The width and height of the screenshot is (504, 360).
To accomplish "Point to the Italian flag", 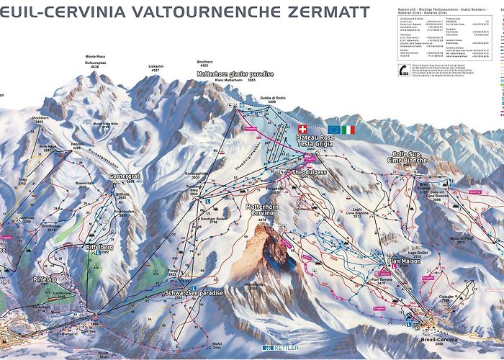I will tap(348, 130).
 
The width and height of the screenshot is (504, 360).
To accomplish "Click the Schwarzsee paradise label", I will tap(193, 293).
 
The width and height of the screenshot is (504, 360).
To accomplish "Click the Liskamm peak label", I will tap(156, 66).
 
